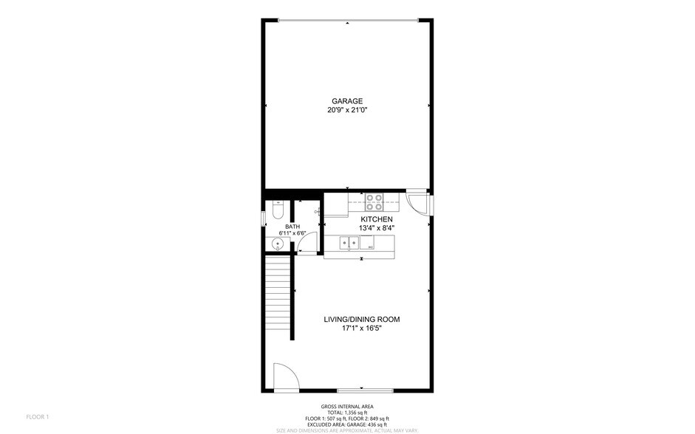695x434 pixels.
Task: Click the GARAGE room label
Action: [347, 101]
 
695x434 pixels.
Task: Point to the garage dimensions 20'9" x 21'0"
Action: [347, 110]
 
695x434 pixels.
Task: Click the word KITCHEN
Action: [376, 219]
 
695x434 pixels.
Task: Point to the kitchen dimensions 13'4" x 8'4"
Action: [376, 228]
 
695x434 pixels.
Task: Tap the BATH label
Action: [292, 227]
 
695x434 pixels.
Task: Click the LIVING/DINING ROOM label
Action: [361, 320]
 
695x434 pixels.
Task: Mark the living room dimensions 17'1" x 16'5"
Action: [361, 328]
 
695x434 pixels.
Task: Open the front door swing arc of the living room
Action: [287, 376]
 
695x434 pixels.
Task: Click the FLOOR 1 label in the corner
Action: [38, 417]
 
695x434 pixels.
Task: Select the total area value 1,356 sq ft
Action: [357, 413]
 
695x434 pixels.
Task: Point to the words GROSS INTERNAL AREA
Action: [347, 407]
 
